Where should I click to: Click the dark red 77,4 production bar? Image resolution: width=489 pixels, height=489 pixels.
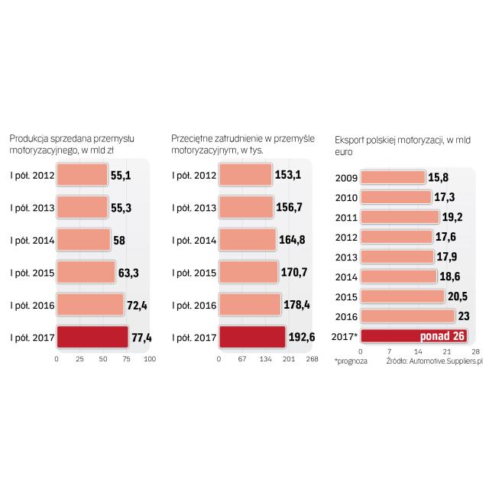[92, 337]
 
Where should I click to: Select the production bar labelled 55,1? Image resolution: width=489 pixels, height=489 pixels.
[82, 175]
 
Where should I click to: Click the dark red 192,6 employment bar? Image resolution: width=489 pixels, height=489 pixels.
[252, 337]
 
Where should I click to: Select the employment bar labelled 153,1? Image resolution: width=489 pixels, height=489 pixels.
[245, 175]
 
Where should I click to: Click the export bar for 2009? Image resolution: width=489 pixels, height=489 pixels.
[393, 177]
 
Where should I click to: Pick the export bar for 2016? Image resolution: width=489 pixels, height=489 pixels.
[407, 316]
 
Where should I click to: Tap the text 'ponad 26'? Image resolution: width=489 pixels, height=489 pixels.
[445, 335]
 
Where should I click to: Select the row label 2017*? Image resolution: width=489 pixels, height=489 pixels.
[346, 335]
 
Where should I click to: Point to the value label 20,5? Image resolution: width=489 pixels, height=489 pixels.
[458, 296]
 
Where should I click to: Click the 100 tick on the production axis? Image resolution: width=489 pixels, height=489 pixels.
[150, 358]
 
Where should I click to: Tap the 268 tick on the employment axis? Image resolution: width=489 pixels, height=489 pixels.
[312, 358]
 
